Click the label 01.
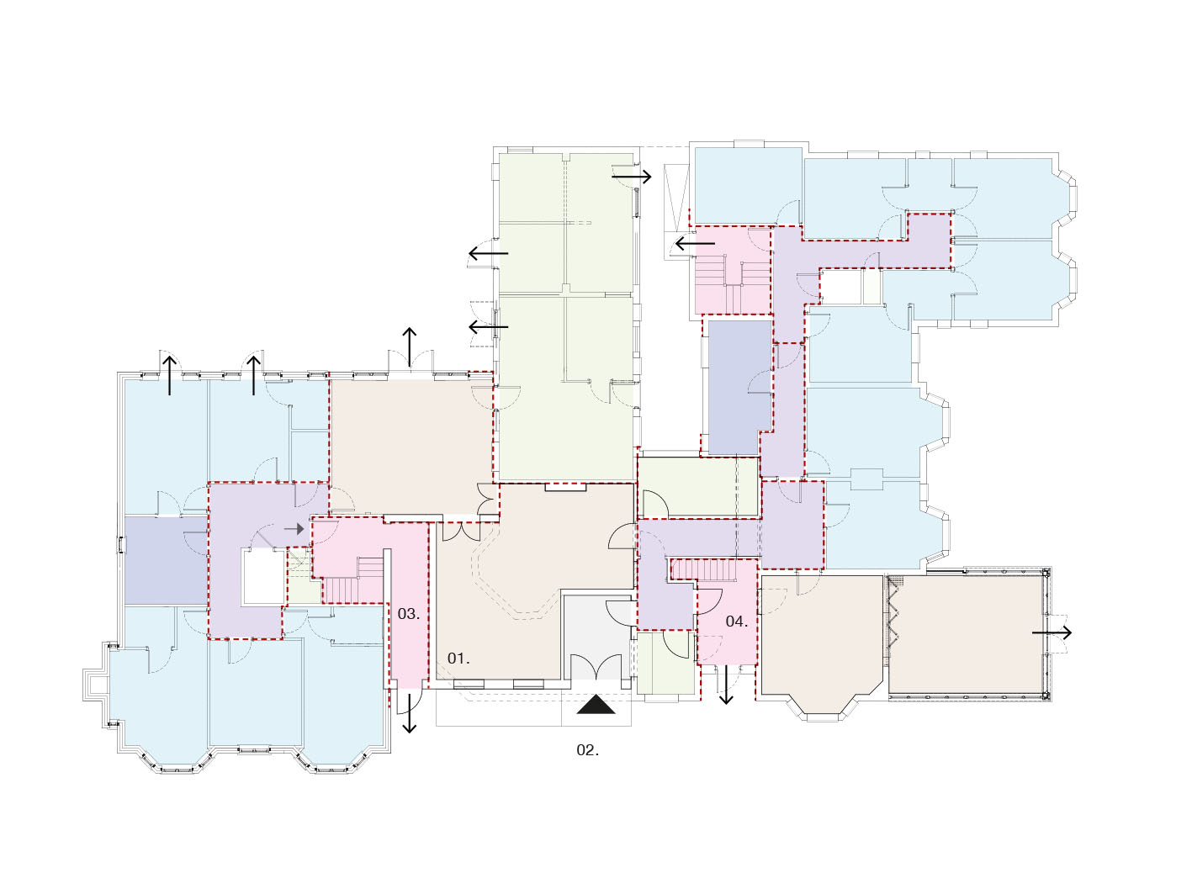point(458,659)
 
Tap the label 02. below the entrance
point(587,750)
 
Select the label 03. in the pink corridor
point(408,614)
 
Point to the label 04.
point(736,622)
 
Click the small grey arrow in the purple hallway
point(294,529)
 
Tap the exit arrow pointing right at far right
point(1052,632)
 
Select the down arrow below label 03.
point(410,711)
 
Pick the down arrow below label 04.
point(726,685)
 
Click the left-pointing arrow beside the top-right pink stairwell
point(695,244)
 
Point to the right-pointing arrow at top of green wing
point(632,177)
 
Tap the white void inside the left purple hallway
point(263,576)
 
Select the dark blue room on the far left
point(167,559)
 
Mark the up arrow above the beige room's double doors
point(410,347)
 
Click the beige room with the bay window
point(821,641)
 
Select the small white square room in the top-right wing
point(840,287)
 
